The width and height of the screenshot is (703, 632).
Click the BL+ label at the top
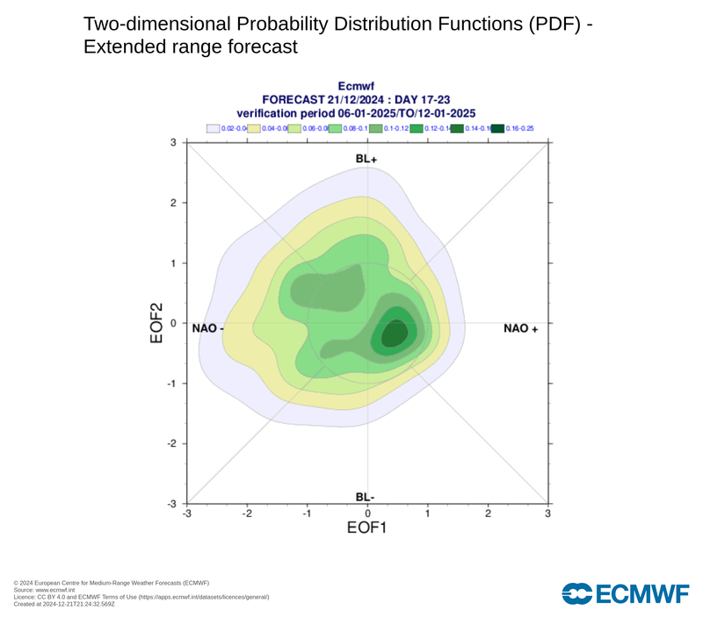366,159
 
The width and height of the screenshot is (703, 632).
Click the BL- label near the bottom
366,497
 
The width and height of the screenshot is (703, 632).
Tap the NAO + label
520,328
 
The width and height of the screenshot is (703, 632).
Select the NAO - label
208,328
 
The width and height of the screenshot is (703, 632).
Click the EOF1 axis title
366,528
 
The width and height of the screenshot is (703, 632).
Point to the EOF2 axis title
157,322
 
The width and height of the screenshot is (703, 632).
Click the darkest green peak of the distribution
393,334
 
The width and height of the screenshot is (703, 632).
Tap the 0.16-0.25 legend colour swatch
497,128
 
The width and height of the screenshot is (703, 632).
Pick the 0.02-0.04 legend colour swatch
213,128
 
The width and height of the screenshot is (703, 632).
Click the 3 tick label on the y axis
174,142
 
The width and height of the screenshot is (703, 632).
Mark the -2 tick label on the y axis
172,443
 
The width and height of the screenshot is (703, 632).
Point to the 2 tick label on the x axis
488,513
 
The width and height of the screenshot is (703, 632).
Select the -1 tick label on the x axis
306,513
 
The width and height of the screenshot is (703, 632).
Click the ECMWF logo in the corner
626,593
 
